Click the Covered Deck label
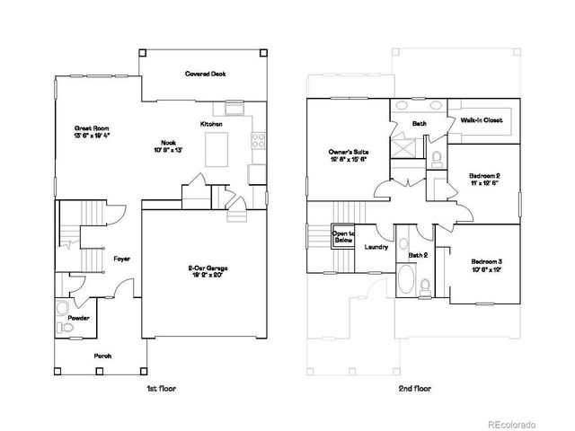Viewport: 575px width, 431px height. (x=205, y=74)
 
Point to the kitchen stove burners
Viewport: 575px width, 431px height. (x=258, y=140)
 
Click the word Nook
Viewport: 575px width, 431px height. (x=167, y=142)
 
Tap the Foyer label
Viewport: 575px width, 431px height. (x=121, y=259)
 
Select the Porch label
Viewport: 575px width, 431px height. (x=103, y=356)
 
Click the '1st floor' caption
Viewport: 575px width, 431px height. (x=160, y=388)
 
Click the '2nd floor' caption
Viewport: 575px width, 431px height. (x=414, y=388)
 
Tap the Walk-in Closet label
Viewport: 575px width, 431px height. (x=482, y=119)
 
